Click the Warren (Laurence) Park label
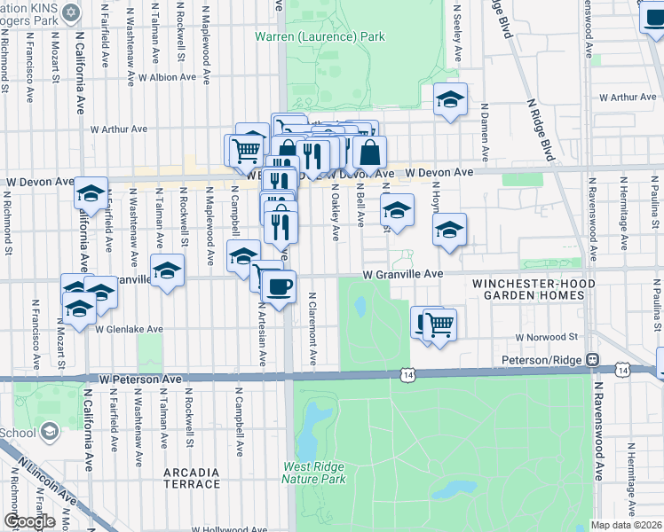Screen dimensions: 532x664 pyautogui.click(x=320, y=37)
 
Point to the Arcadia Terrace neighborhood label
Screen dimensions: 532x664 pyautogui.click(x=192, y=478)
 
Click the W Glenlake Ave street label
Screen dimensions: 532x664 pyautogui.click(x=130, y=329)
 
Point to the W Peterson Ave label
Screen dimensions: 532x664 pyautogui.click(x=140, y=379)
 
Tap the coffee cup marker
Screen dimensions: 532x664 pyautogui.click(x=280, y=286)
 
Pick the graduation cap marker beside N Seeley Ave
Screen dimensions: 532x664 pyautogui.click(x=451, y=99)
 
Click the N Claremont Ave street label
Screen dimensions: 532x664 pyautogui.click(x=313, y=329)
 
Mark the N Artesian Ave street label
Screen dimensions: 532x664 pyautogui.click(x=262, y=337)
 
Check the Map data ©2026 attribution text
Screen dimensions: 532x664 pyautogui.click(x=626, y=525)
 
